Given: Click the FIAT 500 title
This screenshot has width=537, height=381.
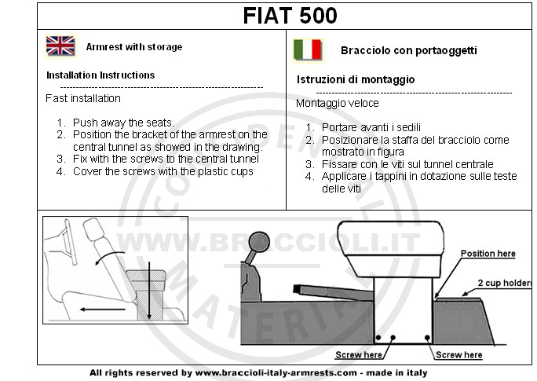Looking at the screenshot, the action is pos(290,16).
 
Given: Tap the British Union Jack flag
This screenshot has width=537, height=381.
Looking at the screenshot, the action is pos(60,46).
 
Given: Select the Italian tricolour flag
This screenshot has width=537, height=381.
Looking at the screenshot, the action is pos(308,50).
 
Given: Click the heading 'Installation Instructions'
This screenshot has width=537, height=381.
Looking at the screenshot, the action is pos(100,75).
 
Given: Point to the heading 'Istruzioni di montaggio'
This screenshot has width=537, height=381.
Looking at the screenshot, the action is pos(356,80).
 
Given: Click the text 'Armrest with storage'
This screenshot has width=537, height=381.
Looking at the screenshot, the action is pos(134,47).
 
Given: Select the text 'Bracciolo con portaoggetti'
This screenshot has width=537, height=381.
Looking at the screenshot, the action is pos(409,51).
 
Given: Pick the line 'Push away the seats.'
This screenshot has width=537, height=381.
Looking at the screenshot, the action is pos(123,123).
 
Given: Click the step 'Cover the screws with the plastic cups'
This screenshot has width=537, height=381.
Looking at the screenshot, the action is pos(163,171).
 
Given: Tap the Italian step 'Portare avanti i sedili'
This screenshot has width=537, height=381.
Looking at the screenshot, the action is pos(371,127).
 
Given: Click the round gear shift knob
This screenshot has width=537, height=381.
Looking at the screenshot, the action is pos(259,242).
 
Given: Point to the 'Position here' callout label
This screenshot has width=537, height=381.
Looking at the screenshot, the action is pos(488,254).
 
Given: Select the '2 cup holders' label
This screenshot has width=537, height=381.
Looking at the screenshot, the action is pos(505,283).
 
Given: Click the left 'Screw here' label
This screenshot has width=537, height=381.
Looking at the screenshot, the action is pos(359,355).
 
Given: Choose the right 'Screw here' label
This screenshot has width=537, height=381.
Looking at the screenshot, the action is pos(459,355).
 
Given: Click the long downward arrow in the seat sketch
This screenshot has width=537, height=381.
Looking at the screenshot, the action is pos(149,291).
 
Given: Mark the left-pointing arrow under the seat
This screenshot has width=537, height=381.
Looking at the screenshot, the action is pos(102,310).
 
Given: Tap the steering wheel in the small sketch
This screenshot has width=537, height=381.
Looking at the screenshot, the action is pos(70,242).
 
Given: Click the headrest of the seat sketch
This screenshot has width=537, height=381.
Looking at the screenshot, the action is pos(93,229).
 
